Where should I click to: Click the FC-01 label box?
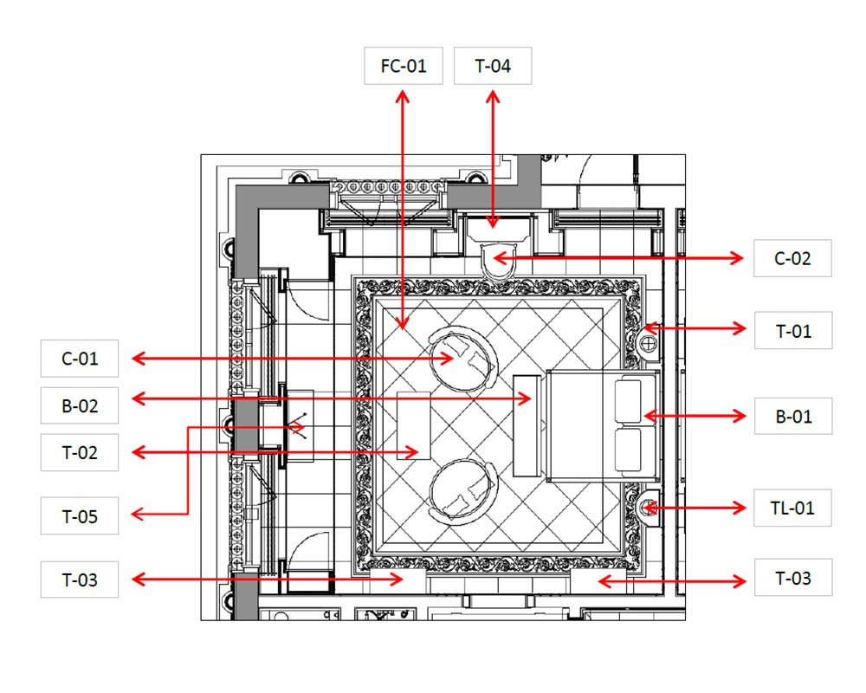404,66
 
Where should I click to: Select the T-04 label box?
493,66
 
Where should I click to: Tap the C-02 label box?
792,258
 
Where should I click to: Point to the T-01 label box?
793,330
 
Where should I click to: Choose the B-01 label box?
793,416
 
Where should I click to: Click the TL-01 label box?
792,508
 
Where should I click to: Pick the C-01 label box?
80,359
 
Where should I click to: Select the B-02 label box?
80,405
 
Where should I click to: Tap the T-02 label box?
80,452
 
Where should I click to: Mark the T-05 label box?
80,516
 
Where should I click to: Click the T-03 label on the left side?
80,580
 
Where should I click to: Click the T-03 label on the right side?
793,578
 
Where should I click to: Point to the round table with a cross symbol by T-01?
649,344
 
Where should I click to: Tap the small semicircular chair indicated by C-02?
500,260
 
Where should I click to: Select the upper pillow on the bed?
628,399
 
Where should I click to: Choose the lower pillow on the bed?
628,450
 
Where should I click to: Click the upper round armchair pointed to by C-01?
463,359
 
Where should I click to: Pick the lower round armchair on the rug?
463,491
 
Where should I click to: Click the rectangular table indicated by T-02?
414,425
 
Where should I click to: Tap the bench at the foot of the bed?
527,425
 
